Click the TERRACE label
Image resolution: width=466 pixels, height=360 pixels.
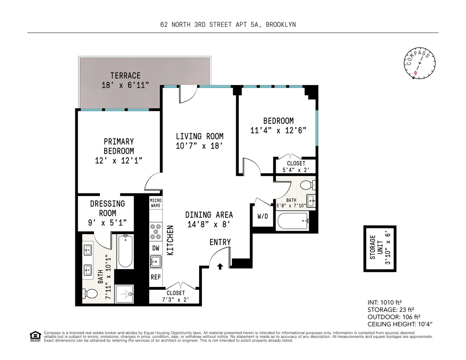pyautogui.click(x=125, y=75)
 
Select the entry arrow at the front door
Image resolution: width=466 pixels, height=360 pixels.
pyautogui.click(x=220, y=266)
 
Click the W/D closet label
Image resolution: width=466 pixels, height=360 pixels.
pyautogui.click(x=263, y=216)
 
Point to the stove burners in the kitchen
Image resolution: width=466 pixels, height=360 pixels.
pyautogui.click(x=155, y=231)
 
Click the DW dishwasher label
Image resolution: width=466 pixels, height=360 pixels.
pyautogui.click(x=155, y=247)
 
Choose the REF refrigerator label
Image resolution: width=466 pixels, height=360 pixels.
pyautogui.click(x=155, y=277)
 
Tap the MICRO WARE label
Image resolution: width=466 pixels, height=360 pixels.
pyautogui.click(x=155, y=203)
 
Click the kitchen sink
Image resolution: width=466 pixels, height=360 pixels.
pyautogui.click(x=155, y=262)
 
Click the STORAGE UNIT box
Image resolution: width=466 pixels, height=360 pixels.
pyautogui.click(x=380, y=249)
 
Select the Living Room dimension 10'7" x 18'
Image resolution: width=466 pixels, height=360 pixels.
pyautogui.click(x=200, y=146)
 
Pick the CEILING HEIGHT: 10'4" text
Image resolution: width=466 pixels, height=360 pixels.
pyautogui.click(x=400, y=324)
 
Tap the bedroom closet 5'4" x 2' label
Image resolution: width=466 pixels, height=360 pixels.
pyautogui.click(x=296, y=166)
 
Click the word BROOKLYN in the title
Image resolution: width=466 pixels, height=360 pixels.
pyautogui.click(x=281, y=24)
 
